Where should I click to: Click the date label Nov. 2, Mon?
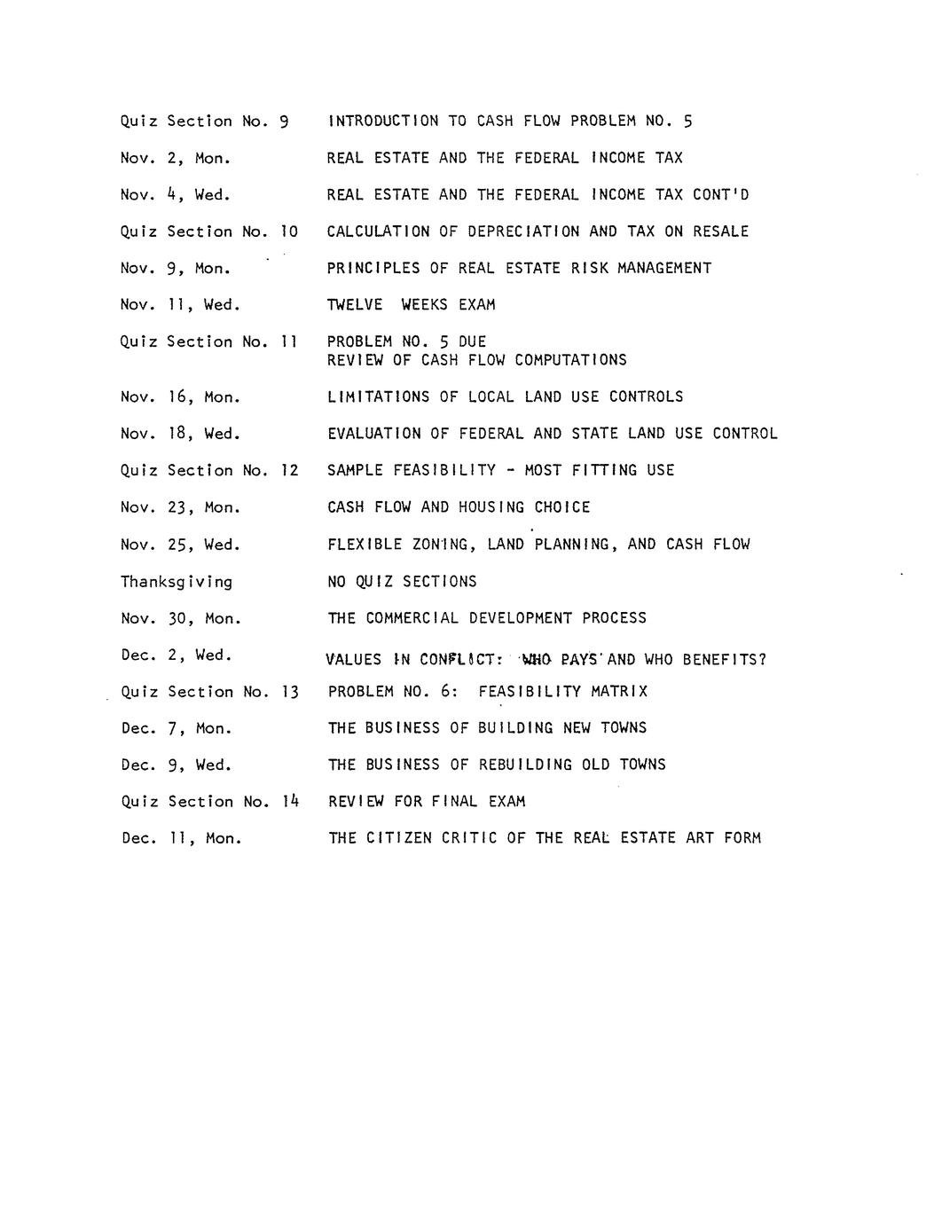point(176,159)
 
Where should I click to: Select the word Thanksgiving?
point(177,583)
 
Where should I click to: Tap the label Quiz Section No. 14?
point(210,802)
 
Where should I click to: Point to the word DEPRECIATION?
point(523,231)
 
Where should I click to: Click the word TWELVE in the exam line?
point(355,305)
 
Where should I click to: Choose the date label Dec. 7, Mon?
point(177,729)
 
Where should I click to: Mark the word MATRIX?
point(619,692)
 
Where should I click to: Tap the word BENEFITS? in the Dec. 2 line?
point(725,660)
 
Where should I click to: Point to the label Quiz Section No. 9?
point(205,122)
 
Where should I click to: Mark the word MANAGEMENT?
point(664,268)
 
